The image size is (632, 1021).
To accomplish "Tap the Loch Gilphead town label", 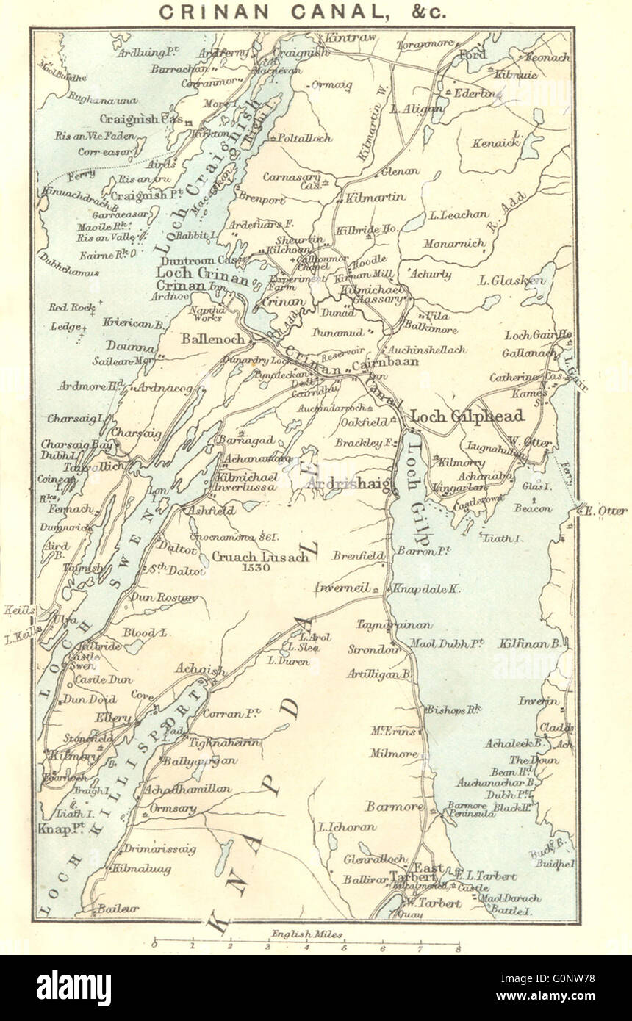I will [467, 416].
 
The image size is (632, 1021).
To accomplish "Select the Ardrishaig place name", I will [347, 484].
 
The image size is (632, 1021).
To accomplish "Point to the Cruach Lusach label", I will [259, 557].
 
